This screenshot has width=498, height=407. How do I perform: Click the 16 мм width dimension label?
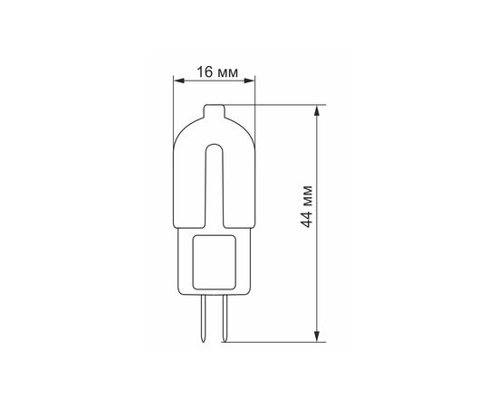coord(217,72)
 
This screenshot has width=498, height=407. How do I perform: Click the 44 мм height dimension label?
coord(306,206)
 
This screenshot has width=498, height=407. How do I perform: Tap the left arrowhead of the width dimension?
coord(178,80)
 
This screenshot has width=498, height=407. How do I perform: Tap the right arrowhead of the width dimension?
coord(249,80)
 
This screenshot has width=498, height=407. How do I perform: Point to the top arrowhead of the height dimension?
coord(317,111)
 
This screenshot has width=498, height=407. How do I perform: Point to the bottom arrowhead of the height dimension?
coord(317,336)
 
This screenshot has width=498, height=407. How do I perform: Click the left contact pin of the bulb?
coord(203,318)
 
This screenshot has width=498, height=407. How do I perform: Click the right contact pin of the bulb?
coord(225,318)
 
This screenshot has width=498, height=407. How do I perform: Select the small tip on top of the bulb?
coord(215,110)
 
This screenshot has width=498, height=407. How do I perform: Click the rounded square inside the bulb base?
coord(215,262)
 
